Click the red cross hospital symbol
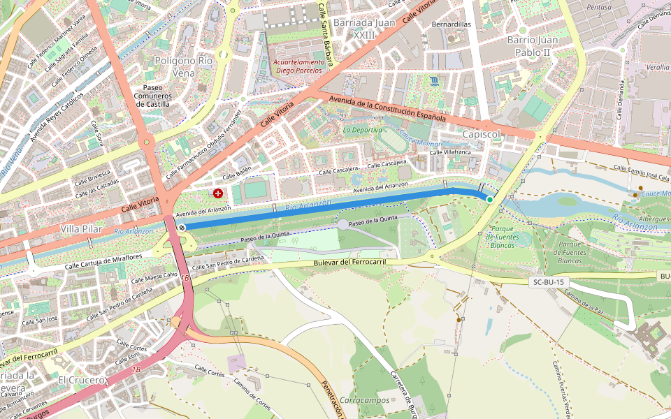219,193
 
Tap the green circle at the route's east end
490,200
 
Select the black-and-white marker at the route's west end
182,228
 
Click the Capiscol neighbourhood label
482,135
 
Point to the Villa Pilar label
81,229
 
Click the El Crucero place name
81,380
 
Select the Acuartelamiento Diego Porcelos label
300,66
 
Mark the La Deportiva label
363,130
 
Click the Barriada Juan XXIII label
364,29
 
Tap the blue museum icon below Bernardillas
436,81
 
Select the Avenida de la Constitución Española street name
387,108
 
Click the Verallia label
658,68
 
